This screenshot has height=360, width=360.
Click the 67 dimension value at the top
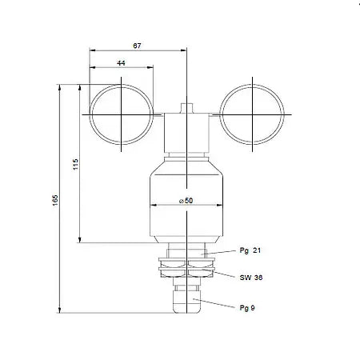click(x=138, y=47)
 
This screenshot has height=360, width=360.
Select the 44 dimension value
click(x=122, y=62)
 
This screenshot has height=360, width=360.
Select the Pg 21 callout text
click(x=250, y=250)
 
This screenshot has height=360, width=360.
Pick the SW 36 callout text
click(x=250, y=278)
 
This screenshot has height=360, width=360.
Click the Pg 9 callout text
click(x=248, y=307)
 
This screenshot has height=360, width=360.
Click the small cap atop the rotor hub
click(x=186, y=107)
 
